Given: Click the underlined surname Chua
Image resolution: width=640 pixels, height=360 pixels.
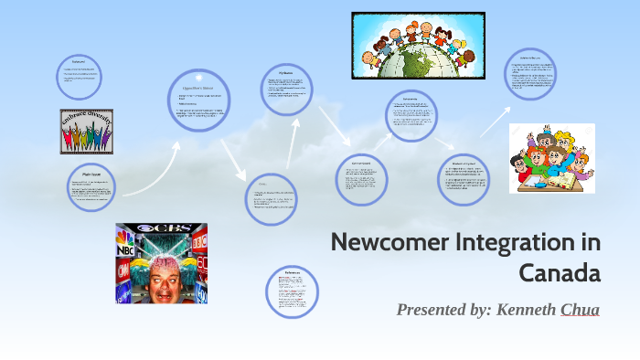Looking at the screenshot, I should coord(581,310).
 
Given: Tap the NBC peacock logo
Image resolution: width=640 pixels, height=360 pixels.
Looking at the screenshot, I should coord(124,246).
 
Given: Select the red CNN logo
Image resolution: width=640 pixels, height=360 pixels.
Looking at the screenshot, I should coord(123,270).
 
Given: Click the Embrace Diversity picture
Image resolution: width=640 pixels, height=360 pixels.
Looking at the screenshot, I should coord(87,132).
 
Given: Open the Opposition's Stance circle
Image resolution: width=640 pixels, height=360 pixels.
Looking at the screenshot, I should coord(198,101).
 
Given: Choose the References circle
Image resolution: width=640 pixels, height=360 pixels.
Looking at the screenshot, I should coord(292,291).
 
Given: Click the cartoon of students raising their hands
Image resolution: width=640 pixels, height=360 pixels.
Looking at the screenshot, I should coord(551,157).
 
